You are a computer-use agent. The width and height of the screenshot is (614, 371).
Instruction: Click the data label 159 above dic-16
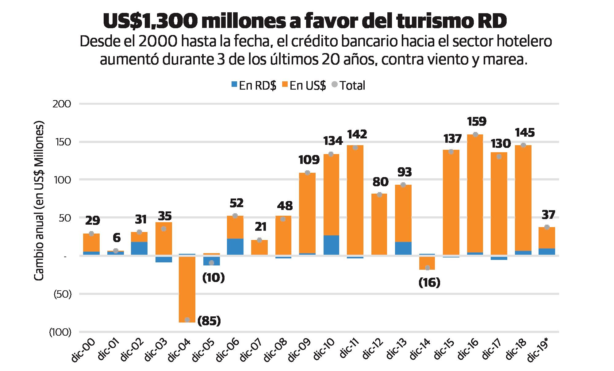[477, 122]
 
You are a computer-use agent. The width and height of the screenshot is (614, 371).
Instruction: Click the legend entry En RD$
[254, 85]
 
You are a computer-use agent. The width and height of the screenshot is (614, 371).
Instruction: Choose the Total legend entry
[348, 85]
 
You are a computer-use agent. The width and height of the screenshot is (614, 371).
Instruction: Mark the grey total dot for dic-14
[428, 268]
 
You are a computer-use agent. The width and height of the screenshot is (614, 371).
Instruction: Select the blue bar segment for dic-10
[331, 245]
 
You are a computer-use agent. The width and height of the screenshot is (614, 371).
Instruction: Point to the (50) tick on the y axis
[62, 294]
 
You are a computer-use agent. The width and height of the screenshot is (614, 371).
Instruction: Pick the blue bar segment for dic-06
[235, 246]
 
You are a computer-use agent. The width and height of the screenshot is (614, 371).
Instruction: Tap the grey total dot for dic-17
[499, 157]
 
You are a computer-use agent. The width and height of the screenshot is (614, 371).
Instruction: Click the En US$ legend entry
[304, 85]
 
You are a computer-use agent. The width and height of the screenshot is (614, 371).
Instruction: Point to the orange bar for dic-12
[379, 224]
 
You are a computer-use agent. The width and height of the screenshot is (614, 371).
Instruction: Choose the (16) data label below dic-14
[429, 282]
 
